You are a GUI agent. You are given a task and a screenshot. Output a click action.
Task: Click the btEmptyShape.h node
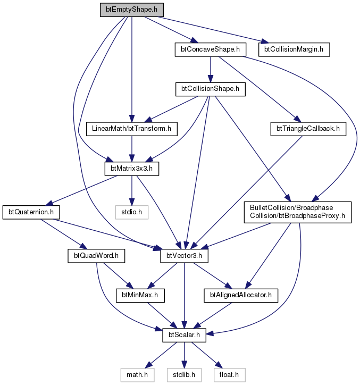(132, 10)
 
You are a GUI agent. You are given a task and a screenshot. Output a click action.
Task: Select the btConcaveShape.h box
(210, 49)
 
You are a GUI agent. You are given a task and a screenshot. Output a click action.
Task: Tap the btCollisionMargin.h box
(294, 49)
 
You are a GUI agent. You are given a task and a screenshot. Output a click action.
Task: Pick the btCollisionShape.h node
(210, 89)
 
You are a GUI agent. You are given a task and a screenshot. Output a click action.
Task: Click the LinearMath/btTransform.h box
(132, 129)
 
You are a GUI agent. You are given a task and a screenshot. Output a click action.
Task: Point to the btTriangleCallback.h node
(308, 129)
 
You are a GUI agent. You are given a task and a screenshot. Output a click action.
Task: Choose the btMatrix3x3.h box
(132, 169)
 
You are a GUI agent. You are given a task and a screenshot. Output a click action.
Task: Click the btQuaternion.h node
(31, 212)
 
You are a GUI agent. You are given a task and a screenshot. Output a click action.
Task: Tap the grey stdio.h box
(132, 212)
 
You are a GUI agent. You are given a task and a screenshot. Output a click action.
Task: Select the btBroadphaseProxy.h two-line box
(298, 212)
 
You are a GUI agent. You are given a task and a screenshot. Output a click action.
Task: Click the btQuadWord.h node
(96, 256)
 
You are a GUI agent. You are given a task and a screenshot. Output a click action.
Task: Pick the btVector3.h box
(184, 256)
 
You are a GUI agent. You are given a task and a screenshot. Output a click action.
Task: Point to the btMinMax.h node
(140, 295)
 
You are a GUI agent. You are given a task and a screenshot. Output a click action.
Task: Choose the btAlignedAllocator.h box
(241, 295)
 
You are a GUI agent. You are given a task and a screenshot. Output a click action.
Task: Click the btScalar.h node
(184, 335)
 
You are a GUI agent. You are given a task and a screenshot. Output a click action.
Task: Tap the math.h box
(137, 375)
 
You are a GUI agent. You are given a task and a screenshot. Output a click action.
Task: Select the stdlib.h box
(184, 375)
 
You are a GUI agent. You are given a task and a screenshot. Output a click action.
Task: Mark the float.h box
(229, 375)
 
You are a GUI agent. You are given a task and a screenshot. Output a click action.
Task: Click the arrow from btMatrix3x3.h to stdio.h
(132, 190)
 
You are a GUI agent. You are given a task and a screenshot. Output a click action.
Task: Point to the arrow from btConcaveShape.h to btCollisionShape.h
(210, 70)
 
